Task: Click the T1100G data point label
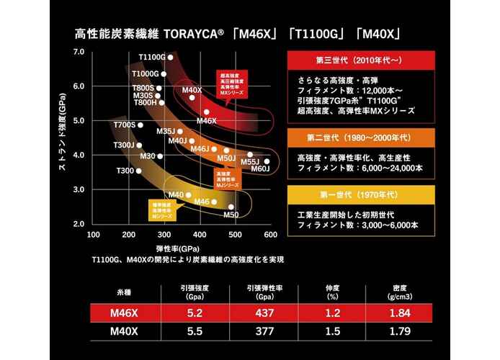pos(151,56)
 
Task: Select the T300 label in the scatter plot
pos(125,171)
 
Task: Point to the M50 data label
pos(231,214)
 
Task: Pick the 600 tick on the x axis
pos(270,234)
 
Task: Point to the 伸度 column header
pos(333,289)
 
